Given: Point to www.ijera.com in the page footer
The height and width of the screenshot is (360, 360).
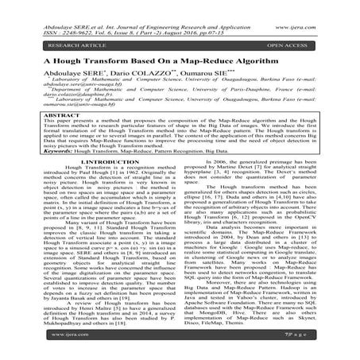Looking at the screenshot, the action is click(35, 346).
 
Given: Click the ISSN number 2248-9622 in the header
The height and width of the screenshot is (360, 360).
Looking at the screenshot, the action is click(63, 14).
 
